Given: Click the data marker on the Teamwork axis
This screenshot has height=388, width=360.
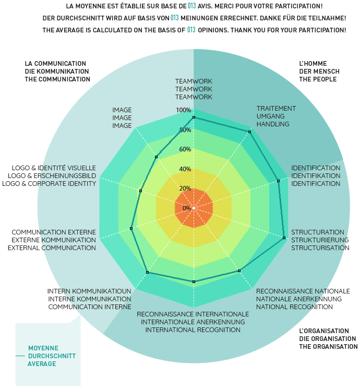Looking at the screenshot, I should coord(194,118).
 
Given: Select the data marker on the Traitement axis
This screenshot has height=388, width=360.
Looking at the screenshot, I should coord(250,132).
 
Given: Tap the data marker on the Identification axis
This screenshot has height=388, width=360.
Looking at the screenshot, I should coord(279,181).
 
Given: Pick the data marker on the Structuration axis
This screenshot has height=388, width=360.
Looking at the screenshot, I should coord(284,238).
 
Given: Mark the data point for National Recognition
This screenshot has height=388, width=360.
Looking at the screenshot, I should coord(239,271).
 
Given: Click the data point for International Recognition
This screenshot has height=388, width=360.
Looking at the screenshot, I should coord(194,282).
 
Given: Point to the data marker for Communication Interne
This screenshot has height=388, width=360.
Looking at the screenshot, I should coord(148,272).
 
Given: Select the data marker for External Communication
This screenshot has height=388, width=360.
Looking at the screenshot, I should coord(131,228).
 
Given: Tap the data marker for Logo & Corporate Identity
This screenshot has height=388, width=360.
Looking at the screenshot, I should coord(141,191).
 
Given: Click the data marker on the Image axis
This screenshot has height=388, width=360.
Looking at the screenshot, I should coord(156,157).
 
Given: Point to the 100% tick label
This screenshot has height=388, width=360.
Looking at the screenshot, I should coord(183,110).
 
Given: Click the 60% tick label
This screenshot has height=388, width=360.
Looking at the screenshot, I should coord(185,149).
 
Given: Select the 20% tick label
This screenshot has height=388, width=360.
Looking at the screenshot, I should coord(185,189).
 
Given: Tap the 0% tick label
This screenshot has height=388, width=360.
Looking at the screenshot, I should coord(186,208).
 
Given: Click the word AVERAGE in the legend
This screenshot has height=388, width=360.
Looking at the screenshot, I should coord(42,363).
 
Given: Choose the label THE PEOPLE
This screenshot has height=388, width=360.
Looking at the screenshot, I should coord(318,79).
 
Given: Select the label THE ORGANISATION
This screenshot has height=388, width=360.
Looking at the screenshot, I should coord(328,346).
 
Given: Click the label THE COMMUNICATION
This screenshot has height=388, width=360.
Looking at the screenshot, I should coord(57,79).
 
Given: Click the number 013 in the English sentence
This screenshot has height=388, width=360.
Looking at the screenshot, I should coord(191,30).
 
